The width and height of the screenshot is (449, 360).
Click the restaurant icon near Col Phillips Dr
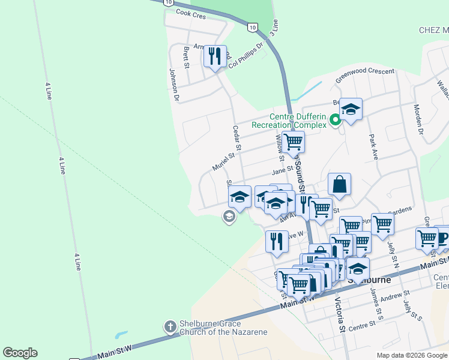tap(215, 56)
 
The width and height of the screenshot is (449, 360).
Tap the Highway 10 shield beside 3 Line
tap(253, 27)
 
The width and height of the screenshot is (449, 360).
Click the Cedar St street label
tap(237, 137)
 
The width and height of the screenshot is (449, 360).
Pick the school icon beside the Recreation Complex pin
tap(351, 109)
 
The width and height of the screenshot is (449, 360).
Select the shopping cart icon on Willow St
tap(293, 142)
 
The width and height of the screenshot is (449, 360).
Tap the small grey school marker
tap(229, 216)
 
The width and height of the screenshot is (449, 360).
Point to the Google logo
tap(20, 353)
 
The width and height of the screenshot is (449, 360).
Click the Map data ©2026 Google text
tap(411, 355)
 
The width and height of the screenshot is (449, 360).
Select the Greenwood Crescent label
tap(365, 75)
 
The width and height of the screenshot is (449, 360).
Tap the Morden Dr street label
tap(418, 119)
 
